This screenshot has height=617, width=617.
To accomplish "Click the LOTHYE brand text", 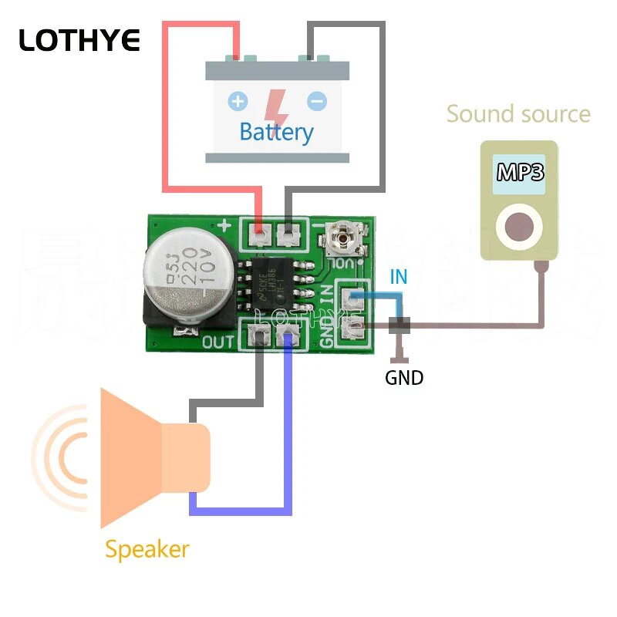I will [x=79, y=40].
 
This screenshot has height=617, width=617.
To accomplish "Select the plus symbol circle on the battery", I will [x=238, y=101].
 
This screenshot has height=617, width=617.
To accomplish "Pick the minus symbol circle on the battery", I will [x=316, y=101].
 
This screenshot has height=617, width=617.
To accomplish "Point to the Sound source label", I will [x=518, y=114].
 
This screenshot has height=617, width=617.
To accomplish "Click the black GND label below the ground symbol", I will [x=404, y=378].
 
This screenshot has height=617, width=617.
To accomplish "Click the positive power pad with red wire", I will [x=260, y=231].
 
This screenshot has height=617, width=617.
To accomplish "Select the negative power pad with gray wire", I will [x=289, y=231].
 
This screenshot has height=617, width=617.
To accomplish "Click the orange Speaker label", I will [x=147, y=550].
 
